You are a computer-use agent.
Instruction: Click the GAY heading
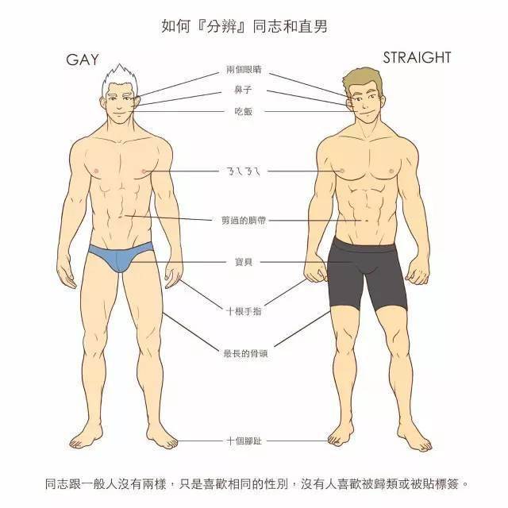(x=83, y=60)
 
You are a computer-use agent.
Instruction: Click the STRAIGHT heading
(x=417, y=58)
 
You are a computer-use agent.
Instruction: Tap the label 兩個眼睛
(x=244, y=69)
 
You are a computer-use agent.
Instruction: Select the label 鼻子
(x=244, y=90)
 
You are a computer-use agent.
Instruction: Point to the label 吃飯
(x=244, y=112)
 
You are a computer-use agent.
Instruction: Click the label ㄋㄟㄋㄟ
(x=243, y=171)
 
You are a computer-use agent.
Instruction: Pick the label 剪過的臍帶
(x=244, y=221)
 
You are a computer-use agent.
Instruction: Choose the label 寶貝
(x=244, y=262)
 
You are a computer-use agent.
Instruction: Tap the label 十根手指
(x=244, y=311)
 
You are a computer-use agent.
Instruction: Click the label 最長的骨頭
(x=245, y=352)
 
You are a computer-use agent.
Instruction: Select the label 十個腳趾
(x=244, y=441)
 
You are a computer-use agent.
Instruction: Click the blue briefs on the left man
(x=121, y=256)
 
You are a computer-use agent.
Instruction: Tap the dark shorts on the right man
(x=366, y=271)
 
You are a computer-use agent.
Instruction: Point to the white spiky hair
(x=120, y=79)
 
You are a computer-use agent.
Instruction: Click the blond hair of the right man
(x=361, y=79)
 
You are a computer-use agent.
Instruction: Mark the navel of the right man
(x=367, y=221)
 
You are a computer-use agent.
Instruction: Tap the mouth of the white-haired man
(x=118, y=114)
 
